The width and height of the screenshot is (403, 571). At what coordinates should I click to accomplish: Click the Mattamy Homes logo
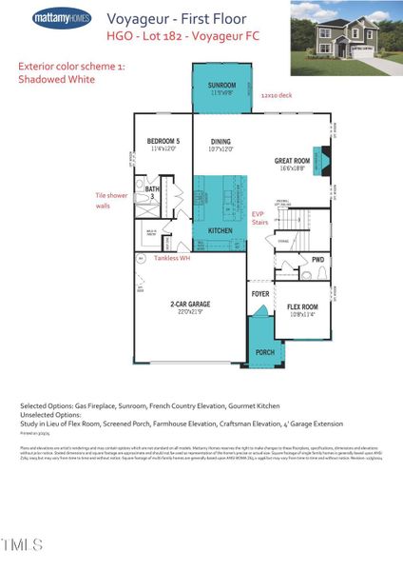[x=64, y=18]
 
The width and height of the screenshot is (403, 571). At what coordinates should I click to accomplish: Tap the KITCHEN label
[x=221, y=231]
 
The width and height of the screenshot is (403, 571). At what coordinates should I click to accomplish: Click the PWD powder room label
[x=317, y=259]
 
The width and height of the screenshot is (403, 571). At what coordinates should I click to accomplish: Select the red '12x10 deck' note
[x=278, y=94]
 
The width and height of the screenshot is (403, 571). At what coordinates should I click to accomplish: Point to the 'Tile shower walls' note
[x=108, y=200]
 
